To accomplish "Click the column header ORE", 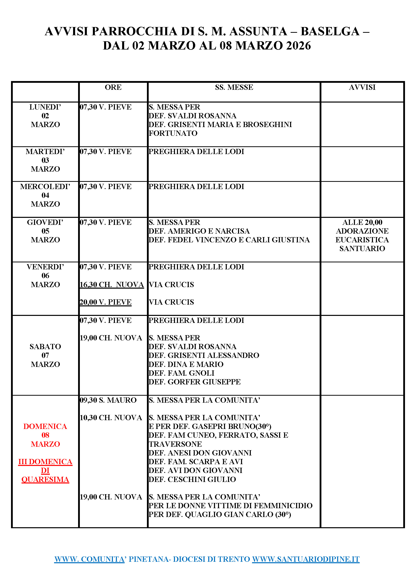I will point(113,87).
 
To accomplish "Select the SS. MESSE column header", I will point(234,87).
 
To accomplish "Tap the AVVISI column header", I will point(362,87).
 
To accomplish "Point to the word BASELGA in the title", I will point(330,32).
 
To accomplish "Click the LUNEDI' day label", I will point(45,107).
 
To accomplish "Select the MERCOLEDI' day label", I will point(45,187).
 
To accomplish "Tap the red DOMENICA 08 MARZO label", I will point(45,435).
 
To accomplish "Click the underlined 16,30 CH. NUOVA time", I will point(112,285).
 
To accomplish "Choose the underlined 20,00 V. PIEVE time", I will point(106,302).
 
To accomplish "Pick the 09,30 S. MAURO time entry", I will point(108,400).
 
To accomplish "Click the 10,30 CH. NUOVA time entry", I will point(111,418).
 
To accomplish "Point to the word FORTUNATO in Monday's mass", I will point(173,133).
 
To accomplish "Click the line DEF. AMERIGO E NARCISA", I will point(199,231).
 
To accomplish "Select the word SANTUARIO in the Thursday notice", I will point(362,248).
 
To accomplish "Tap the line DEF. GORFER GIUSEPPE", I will point(195,382).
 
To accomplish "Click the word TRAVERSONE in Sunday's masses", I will point(175,444).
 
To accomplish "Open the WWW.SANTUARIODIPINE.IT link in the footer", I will point(306,559).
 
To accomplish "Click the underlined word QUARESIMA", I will point(45,479).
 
